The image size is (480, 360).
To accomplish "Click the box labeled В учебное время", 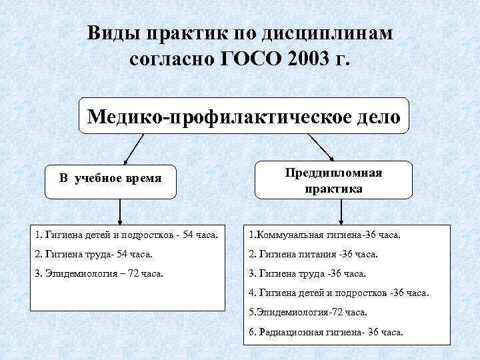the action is [x=111, y=179].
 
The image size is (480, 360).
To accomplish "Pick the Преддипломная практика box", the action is [x=333, y=181].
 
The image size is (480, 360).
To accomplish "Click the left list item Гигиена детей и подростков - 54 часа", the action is [x=129, y=235].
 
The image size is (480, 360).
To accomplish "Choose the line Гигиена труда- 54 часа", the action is [x=94, y=254].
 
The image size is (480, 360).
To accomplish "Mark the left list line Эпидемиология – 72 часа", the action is [x=99, y=273].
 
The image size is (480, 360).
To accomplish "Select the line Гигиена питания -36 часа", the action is [x=313, y=254].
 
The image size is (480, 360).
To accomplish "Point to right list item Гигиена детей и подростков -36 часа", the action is [x=339, y=293].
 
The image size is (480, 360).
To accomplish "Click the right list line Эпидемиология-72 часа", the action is [x=307, y=312].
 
